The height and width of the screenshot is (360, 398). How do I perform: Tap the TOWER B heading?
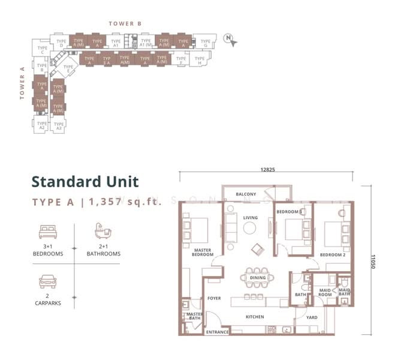tap(125, 23)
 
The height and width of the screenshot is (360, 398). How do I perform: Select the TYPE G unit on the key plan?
tap(205, 43)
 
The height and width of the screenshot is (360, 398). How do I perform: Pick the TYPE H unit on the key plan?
tap(200, 60)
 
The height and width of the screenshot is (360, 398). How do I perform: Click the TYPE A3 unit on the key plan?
tap(59, 126)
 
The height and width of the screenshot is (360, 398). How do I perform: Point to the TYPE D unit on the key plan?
tap(61, 43)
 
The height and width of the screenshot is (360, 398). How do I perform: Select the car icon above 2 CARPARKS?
tap(47, 281)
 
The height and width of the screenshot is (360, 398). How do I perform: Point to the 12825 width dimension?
tap(267, 170)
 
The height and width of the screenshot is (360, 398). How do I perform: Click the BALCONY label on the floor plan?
tap(246, 194)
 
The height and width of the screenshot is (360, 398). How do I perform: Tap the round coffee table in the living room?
tap(249, 228)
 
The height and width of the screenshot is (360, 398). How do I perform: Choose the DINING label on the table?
tap(257, 278)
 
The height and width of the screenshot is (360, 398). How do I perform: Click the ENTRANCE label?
tap(217, 332)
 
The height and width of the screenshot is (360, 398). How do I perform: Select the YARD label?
tap(312, 317)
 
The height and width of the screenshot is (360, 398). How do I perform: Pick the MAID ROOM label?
tap(325, 292)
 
